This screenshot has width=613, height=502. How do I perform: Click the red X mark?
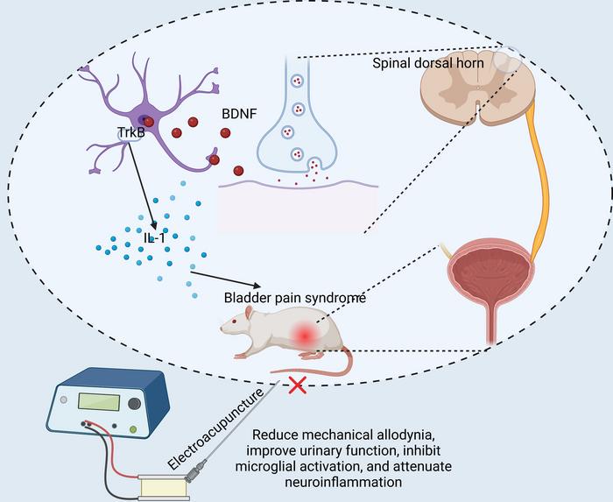(x=298, y=383)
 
